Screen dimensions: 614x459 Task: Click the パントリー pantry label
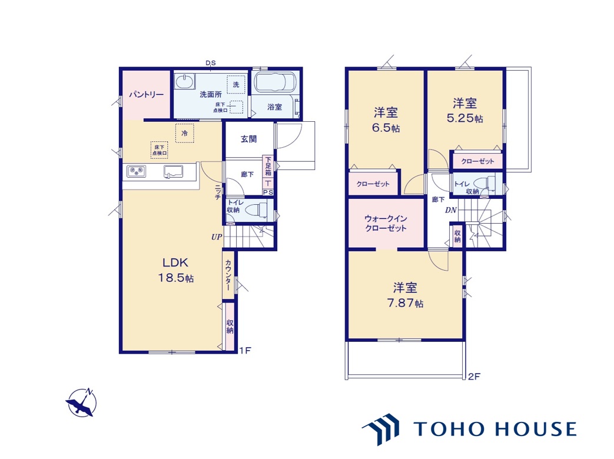coord(147,94)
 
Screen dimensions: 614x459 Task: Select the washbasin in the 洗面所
coord(184,82)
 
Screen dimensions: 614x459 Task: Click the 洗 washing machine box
coord(235,84)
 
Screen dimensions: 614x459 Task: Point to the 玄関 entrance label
coord(248,139)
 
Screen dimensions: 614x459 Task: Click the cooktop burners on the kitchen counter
coord(136,171)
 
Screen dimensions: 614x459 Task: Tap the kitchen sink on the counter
coord(173,171)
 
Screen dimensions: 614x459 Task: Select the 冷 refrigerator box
coord(184,133)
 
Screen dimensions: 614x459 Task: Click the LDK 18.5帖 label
coord(176,270)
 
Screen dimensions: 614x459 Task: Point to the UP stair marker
coord(217,237)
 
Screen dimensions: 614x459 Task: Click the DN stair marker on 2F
coord(451,210)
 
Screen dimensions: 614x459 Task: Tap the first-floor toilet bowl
coord(257,209)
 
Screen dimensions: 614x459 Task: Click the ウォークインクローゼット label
coord(386,223)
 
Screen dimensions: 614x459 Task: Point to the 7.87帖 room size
coord(405,303)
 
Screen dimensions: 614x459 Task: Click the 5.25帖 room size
coord(465,118)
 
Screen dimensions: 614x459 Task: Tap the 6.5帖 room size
coord(386,128)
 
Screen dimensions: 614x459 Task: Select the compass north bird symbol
coord(81,403)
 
